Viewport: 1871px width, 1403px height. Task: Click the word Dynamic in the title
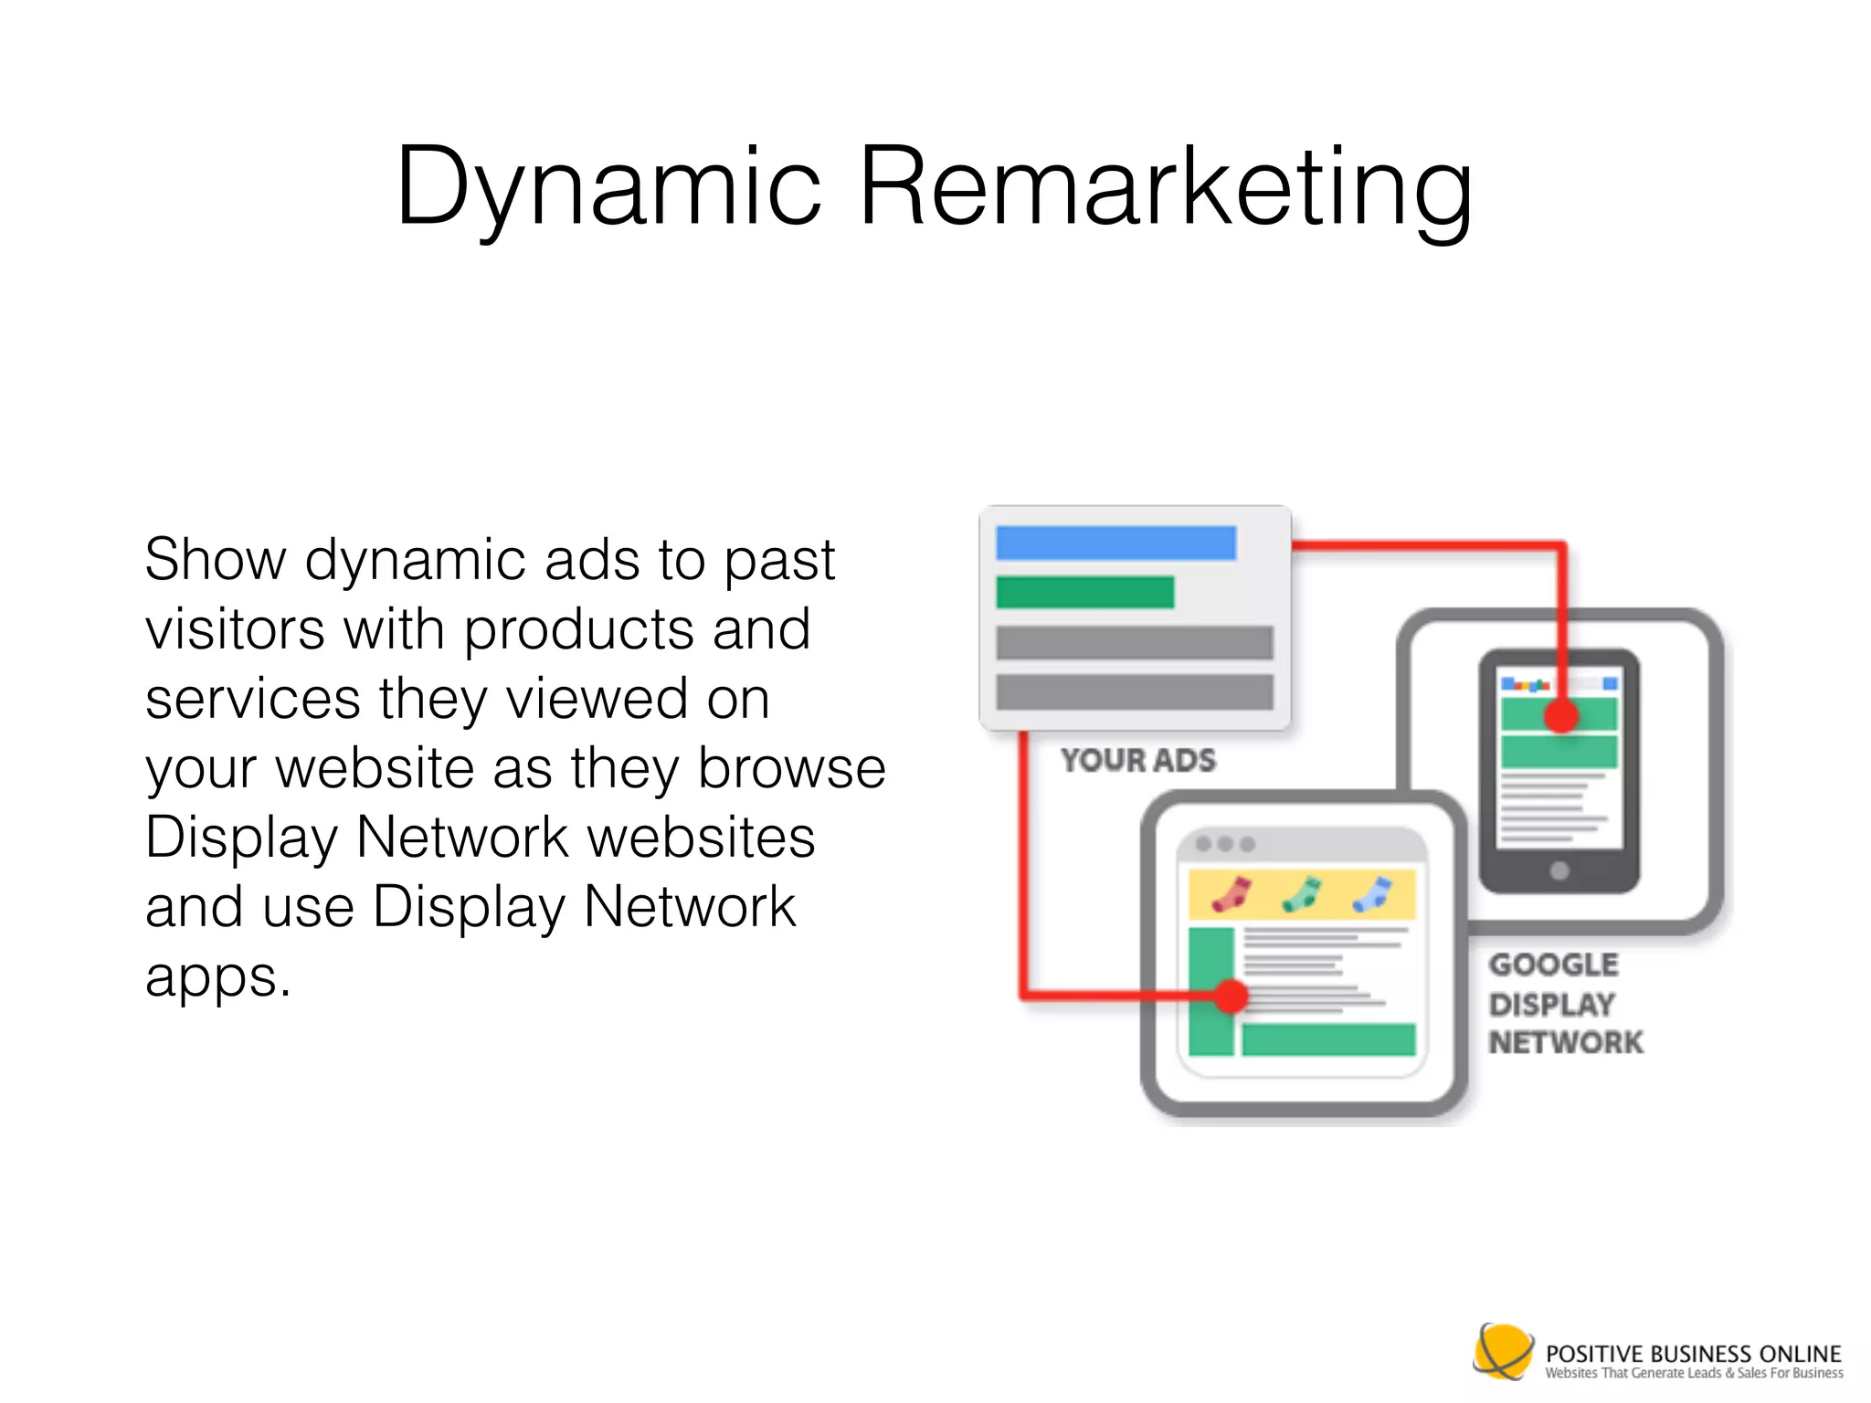[x=608, y=187]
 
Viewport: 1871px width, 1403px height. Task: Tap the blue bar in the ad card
[x=1115, y=543]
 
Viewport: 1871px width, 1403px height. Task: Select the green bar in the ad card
[x=1084, y=592]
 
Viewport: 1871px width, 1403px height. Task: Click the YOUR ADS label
[x=1138, y=760]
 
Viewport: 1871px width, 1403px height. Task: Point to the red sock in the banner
[x=1231, y=894]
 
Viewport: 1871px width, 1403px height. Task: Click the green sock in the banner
[x=1301, y=894]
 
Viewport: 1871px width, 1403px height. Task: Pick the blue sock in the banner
[x=1371, y=894]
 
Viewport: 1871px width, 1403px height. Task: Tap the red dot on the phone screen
[x=1561, y=716]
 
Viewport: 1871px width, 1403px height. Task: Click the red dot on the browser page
[x=1231, y=996]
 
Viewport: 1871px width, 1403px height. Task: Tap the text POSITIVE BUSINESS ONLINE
[x=1693, y=1353]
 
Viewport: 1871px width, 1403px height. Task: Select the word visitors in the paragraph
[x=235, y=629]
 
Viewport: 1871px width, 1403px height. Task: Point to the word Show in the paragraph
[x=215, y=559]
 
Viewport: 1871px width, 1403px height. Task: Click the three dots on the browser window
[x=1225, y=844]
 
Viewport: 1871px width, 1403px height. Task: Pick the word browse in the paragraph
[x=791, y=768]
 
